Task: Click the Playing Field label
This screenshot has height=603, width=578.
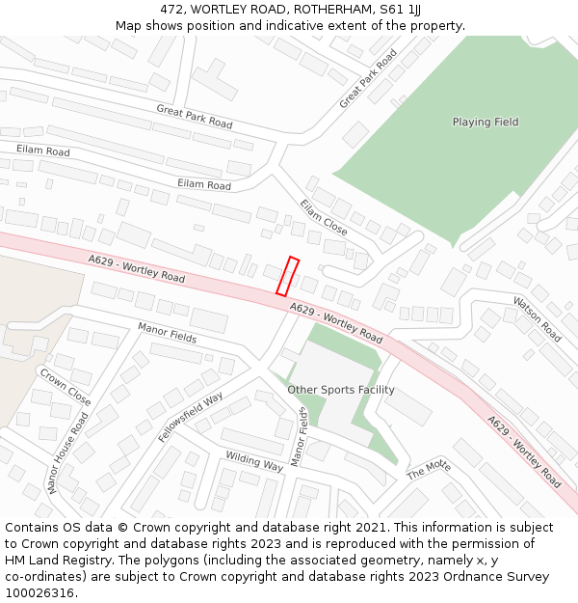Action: (x=486, y=123)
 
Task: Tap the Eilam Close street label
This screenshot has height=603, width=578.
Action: (x=323, y=217)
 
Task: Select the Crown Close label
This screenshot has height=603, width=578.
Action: (x=66, y=386)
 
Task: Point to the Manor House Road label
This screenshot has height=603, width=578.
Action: (x=67, y=453)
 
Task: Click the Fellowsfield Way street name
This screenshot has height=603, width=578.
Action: (x=191, y=418)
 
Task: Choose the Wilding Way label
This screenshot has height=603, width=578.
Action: (x=254, y=460)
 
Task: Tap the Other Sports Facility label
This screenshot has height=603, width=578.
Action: (x=341, y=390)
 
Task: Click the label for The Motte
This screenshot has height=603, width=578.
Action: (x=429, y=470)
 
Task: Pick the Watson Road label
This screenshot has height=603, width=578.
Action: (x=537, y=318)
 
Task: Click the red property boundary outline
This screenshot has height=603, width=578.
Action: (x=287, y=276)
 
